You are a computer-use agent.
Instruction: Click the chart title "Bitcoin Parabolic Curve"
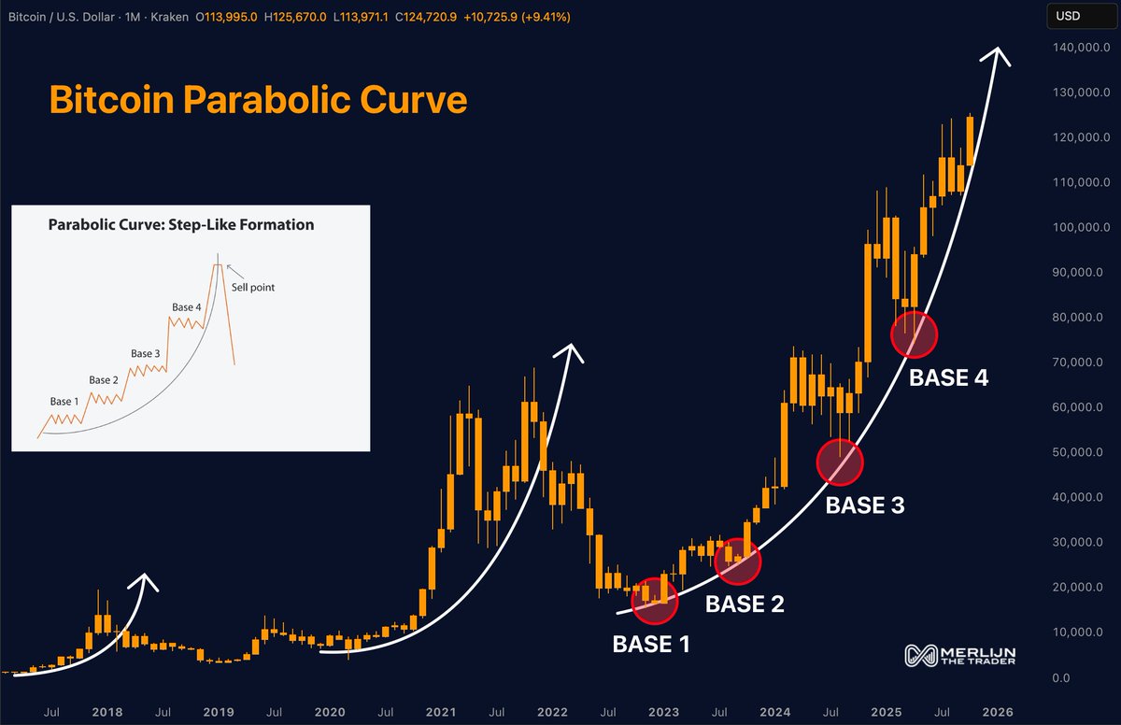coord(258,99)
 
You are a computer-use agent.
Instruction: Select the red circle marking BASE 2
coord(738,562)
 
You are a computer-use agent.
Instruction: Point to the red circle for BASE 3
coord(841,462)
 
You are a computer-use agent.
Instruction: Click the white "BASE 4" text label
coord(948,378)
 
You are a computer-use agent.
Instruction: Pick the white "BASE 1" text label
coord(651,644)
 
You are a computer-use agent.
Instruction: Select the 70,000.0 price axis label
coord(1074,362)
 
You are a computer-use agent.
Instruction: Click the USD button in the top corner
coord(1069,16)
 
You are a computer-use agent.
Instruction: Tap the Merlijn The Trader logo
coord(959,656)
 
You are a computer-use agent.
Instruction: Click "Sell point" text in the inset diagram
coord(254,289)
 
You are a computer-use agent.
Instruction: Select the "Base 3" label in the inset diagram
coord(146,353)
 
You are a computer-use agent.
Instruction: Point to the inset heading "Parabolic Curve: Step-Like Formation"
coord(181,225)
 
